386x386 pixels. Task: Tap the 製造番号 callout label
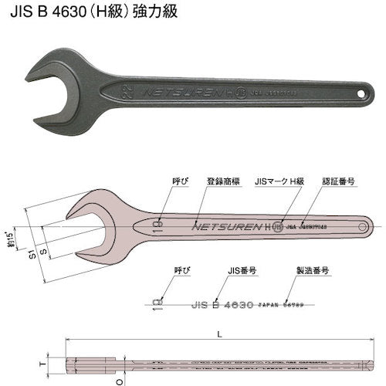pos(313,271)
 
